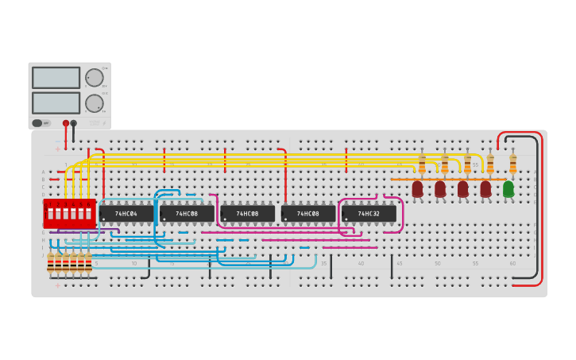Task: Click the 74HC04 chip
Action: click(126, 214)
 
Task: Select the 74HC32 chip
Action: click(369, 214)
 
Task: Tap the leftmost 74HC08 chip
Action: click(187, 214)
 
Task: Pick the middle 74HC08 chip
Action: click(247, 214)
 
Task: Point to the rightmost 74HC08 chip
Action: click(308, 214)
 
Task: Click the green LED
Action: click(508, 189)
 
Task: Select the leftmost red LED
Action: click(417, 189)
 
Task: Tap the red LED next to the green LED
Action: click(485, 189)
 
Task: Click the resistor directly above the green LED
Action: click(512, 164)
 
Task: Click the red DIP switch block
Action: click(69, 214)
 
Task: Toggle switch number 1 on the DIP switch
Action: click(50, 214)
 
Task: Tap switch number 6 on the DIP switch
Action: click(88, 214)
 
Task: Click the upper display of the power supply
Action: click(56, 78)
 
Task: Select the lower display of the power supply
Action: click(56, 103)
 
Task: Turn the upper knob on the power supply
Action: click(94, 78)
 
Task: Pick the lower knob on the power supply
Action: click(94, 103)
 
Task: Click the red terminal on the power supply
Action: click(65, 123)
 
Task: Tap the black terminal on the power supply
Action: click(74, 123)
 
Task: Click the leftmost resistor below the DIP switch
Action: click(50, 263)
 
